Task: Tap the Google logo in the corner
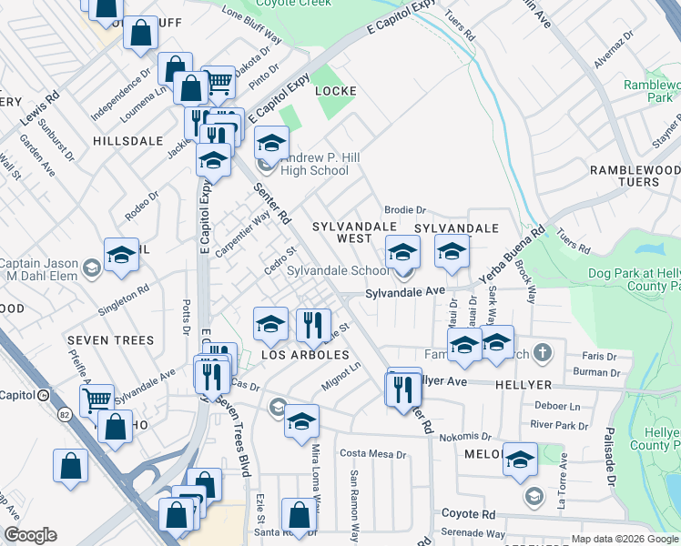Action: point(30,536)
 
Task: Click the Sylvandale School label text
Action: point(338,271)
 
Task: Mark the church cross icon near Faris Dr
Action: point(542,352)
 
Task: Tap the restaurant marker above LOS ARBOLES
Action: point(312,325)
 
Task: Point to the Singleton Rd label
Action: point(124,301)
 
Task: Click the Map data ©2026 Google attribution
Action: point(625,539)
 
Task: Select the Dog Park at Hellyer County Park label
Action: point(629,278)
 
